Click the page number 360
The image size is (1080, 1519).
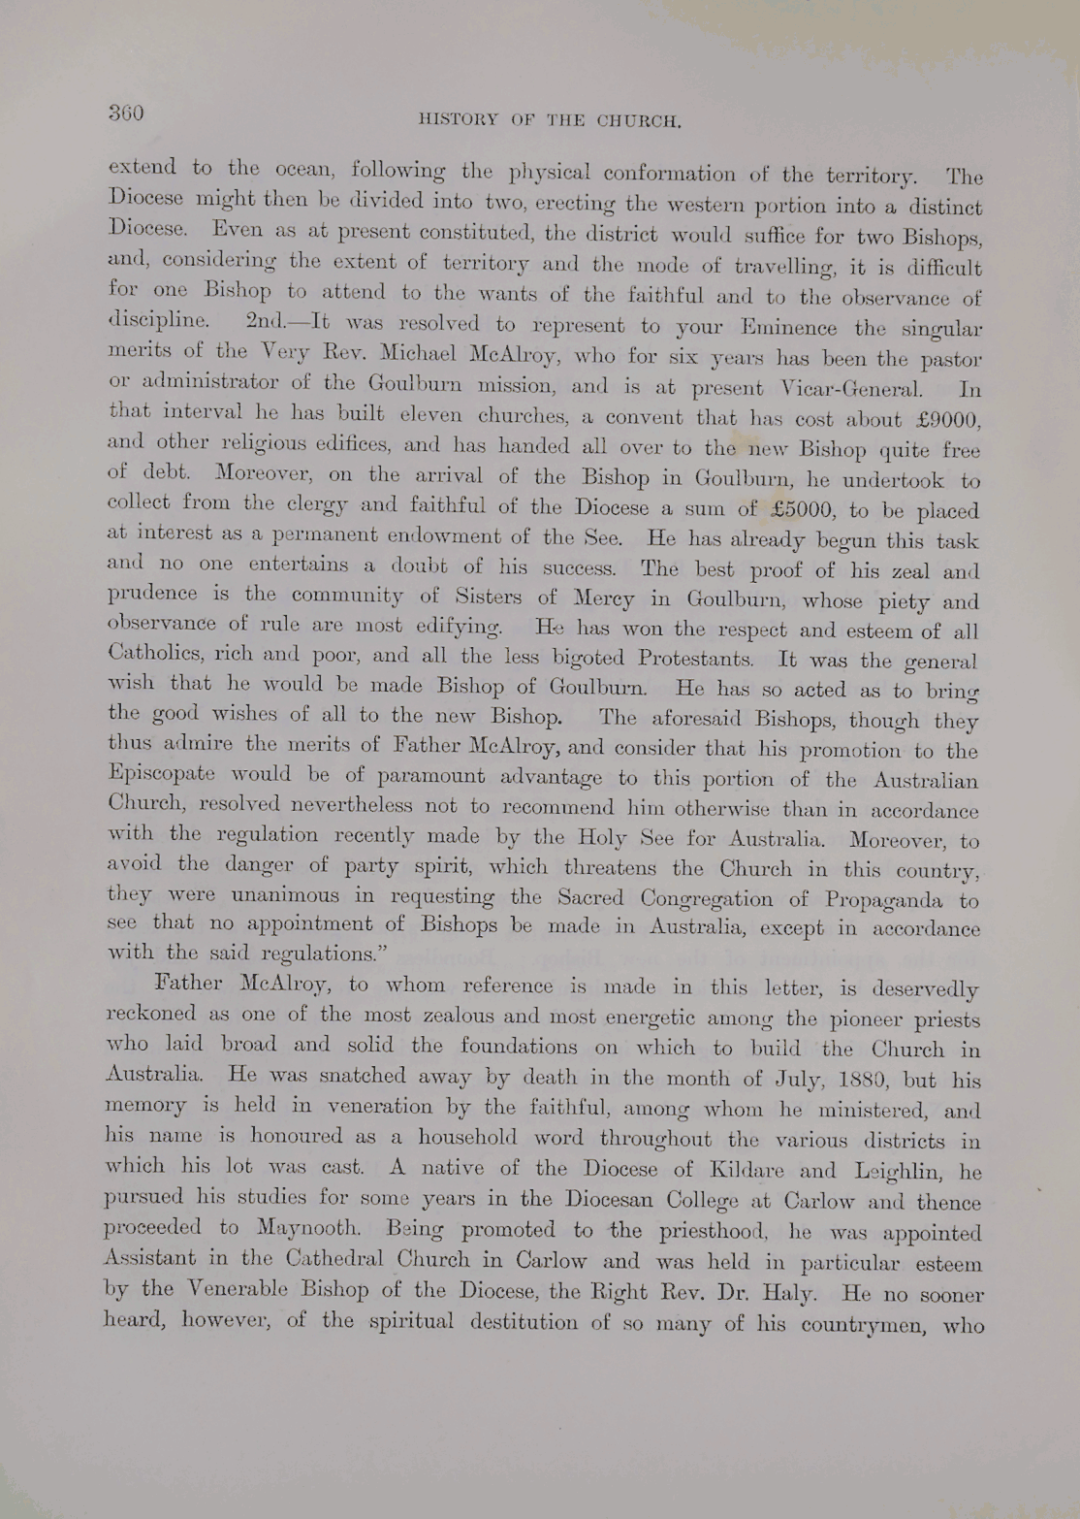tap(126, 113)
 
